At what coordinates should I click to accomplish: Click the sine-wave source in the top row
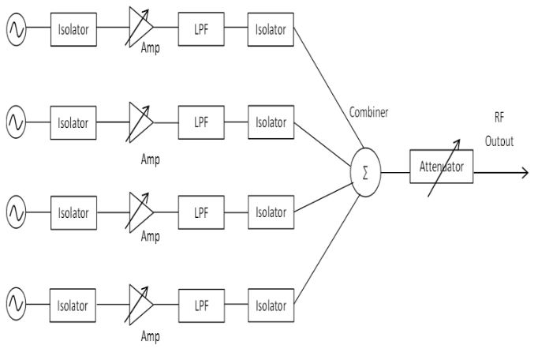click(x=16, y=31)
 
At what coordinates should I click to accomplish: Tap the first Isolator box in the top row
click(x=73, y=31)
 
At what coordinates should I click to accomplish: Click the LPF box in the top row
click(x=200, y=31)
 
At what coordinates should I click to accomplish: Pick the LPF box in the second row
click(x=200, y=122)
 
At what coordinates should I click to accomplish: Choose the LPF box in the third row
click(x=200, y=212)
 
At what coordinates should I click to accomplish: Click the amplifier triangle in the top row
click(x=140, y=31)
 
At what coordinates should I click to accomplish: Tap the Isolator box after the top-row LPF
click(x=270, y=31)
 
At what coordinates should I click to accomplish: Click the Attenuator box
click(x=441, y=168)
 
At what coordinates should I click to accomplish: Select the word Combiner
click(x=368, y=112)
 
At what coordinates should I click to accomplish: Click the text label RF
click(x=499, y=118)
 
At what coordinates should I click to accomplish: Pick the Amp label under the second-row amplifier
click(x=150, y=159)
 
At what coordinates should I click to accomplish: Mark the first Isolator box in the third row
click(x=73, y=212)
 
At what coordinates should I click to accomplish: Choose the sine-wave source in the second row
click(x=16, y=122)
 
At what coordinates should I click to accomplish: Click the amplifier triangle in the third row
click(x=140, y=212)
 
